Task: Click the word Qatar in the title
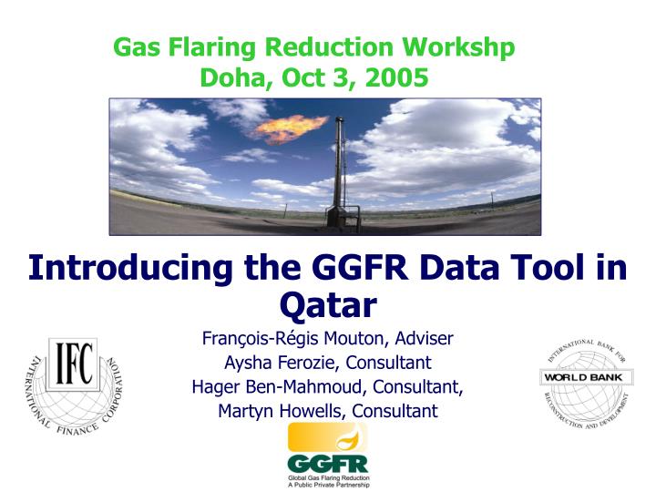pos(328,302)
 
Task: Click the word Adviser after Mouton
pos(421,339)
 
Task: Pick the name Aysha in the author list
pos(245,363)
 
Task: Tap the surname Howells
pos(307,410)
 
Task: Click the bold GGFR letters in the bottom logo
pos(327,463)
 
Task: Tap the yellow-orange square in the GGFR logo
pos(314,436)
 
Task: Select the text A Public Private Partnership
pos(328,485)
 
